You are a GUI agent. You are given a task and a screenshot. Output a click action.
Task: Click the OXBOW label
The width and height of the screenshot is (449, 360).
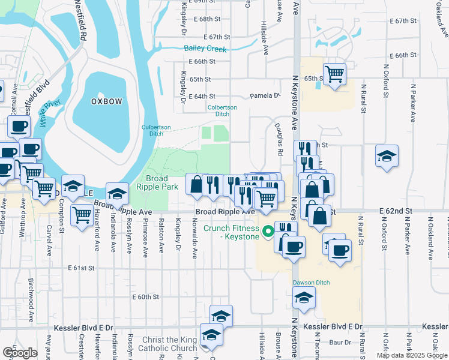click(x=106, y=101)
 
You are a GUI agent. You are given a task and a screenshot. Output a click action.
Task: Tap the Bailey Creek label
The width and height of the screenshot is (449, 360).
click(x=205, y=49)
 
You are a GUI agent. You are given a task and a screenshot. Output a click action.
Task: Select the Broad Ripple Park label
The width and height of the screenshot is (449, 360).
click(x=154, y=183)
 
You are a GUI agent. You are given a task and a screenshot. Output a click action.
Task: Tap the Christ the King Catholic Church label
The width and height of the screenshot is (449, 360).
click(x=167, y=344)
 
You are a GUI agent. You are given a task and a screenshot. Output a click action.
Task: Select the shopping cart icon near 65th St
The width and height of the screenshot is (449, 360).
click(x=334, y=74)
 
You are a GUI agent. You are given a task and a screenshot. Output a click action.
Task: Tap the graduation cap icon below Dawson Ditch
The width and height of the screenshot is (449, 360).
click(x=304, y=296)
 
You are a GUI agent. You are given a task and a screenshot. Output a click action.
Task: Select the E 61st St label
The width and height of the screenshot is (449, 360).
click(x=82, y=267)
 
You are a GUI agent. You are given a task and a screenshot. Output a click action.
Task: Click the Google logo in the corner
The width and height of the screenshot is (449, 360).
click(x=20, y=352)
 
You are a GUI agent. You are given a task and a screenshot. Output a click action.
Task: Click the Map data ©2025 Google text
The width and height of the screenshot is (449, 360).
click(x=412, y=355)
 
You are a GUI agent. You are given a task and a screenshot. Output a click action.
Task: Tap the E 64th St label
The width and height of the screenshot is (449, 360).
click(x=201, y=96)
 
